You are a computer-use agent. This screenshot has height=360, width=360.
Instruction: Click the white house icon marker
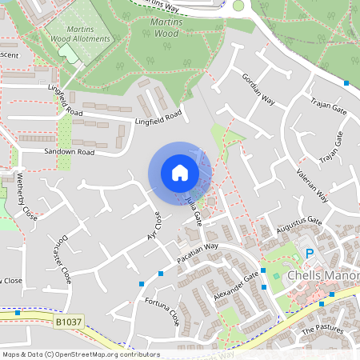click(x=180, y=173)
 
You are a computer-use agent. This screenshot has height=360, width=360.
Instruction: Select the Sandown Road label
click(x=70, y=151)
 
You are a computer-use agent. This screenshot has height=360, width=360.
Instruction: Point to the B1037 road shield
click(x=70, y=322)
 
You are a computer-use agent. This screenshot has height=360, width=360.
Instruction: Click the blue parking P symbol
click(x=310, y=254)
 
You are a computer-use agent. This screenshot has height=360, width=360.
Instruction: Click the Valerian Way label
click(x=313, y=183)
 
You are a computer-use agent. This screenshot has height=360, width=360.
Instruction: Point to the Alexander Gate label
click(x=237, y=286)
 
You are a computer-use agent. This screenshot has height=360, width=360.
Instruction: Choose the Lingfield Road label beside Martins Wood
click(x=158, y=118)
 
